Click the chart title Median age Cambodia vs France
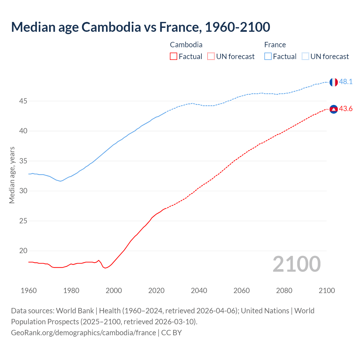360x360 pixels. click(141, 27)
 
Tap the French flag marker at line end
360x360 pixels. click(334, 82)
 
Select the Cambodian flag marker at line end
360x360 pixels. click(334, 109)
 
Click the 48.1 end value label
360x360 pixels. click(346, 82)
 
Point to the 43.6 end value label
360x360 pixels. click(346, 109)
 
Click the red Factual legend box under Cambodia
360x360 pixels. click(174, 57)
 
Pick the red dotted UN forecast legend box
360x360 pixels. click(211, 57)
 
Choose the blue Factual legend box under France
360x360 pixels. click(268, 57)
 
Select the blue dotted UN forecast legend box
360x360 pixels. click(305, 57)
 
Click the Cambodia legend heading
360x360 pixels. click(186, 45)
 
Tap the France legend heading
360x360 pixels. click(275, 45)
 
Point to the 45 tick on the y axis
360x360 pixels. click(23, 101)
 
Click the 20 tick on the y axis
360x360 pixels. click(23, 251)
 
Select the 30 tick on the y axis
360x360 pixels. click(23, 191)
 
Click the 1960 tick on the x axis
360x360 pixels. click(29, 291)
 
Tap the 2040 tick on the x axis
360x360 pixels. click(199, 291)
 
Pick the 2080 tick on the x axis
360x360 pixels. click(284, 291)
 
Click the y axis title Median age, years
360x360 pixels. click(12, 175)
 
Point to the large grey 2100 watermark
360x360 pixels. click(296, 264)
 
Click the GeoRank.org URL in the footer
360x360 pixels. click(83, 333)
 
